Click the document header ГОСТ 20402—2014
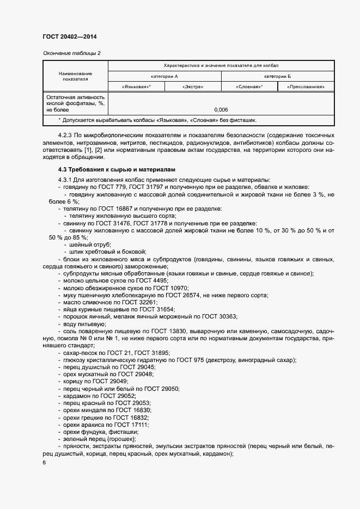[x=69, y=37]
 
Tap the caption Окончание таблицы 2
[x=71, y=53]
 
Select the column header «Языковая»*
[x=136, y=87]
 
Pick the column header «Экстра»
[x=193, y=87]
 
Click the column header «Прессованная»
[x=306, y=87]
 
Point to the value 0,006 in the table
[x=221, y=109]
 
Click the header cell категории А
[x=164, y=76]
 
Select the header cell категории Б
[x=278, y=76]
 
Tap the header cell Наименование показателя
[x=75, y=76]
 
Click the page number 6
[x=44, y=462]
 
